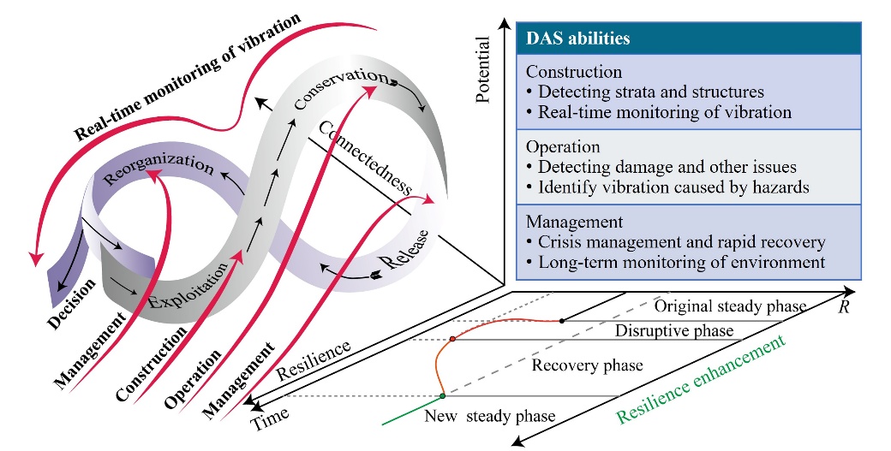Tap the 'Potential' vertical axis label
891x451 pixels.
tap(482, 70)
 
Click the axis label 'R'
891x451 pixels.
tap(844, 307)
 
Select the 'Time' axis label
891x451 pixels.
tap(270, 418)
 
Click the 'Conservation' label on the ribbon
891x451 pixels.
tap(341, 88)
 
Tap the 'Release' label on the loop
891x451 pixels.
tap(404, 250)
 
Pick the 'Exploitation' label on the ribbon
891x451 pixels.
tap(188, 286)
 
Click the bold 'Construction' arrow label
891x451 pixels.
tap(151, 365)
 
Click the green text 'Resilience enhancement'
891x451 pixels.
tap(701, 379)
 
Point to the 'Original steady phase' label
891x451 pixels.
tap(731, 306)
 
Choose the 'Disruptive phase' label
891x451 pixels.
tap(674, 330)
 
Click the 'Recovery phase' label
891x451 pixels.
tap(587, 365)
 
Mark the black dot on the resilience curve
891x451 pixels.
tap(562, 321)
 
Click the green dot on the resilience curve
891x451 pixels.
tap(443, 395)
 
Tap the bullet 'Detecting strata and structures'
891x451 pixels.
tap(645, 92)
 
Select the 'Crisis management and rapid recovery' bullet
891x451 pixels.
tap(676, 242)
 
